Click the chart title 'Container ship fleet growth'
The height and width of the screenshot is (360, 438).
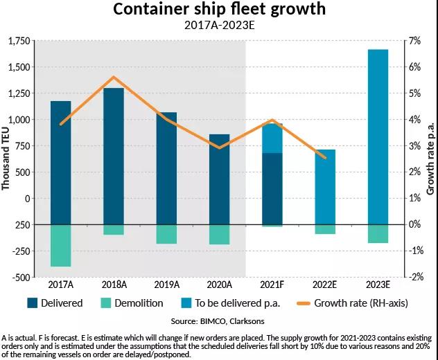click(218, 10)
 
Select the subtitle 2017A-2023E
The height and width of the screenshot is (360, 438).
click(218, 26)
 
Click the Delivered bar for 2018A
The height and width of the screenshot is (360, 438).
click(114, 156)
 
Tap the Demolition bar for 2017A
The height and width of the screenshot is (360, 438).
click(61, 246)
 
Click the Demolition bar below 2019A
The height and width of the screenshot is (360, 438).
click(166, 234)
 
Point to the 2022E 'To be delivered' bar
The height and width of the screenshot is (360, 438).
click(325, 187)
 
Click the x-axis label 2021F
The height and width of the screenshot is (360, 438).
click(272, 285)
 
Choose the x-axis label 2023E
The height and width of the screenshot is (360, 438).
click(378, 285)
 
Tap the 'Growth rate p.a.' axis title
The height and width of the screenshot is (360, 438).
click(430, 160)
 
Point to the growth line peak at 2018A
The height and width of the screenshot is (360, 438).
click(114, 77)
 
